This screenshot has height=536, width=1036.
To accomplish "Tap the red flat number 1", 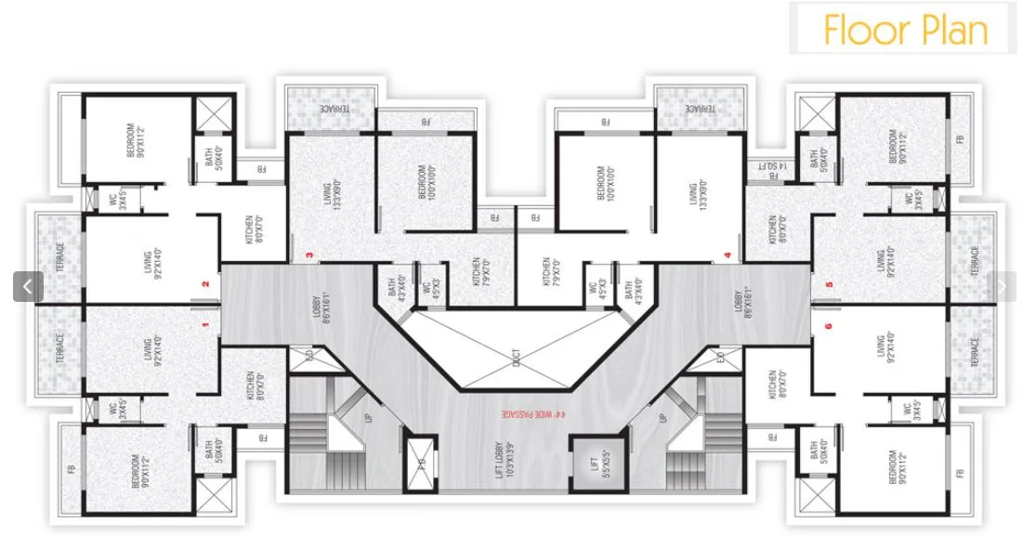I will [x=204, y=324].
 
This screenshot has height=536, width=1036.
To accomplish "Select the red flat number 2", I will [x=204, y=284].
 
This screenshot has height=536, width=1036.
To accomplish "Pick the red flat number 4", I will [x=728, y=255].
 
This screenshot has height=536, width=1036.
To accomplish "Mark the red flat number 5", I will [x=828, y=284].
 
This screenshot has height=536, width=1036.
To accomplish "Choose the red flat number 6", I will [x=828, y=325].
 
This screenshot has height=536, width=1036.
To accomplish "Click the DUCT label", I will [x=517, y=355].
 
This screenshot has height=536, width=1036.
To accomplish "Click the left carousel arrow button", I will [x=27, y=286].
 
